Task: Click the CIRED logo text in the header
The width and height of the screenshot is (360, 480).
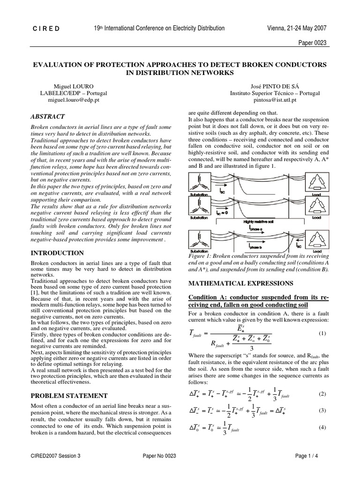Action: (45, 29)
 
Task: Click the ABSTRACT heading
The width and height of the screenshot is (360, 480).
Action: (48, 117)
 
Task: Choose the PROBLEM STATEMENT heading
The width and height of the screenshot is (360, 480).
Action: (69, 396)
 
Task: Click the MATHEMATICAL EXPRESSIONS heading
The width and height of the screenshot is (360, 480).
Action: (240, 283)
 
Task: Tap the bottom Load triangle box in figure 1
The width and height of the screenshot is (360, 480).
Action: (315, 239)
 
